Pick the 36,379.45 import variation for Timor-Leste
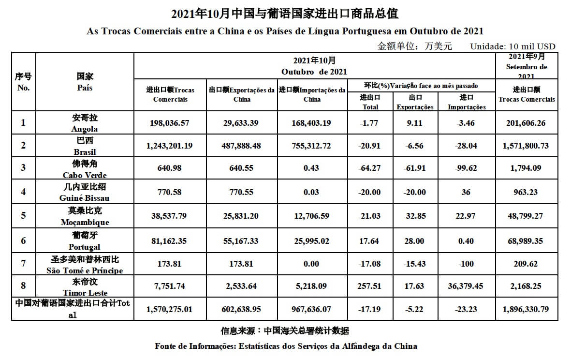466,286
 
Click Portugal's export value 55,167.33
242,240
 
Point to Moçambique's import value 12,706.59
311,215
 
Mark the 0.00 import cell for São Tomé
311,264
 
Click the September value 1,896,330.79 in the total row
527,309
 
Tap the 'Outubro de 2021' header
314,72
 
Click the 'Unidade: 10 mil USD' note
512,46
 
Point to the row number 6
23,240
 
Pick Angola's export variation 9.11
414,123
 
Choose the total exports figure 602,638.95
242,309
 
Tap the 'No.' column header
23,88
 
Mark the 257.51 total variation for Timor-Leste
370,286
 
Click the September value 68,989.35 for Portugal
527,240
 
